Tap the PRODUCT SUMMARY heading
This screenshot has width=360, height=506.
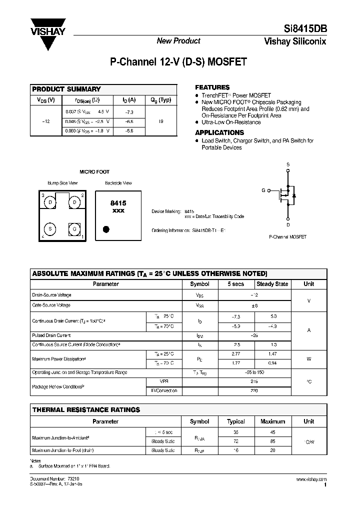(x=66, y=89)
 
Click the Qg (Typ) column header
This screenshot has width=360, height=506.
(x=160, y=99)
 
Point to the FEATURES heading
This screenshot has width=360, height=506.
(x=212, y=87)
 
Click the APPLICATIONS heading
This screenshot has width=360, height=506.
(x=219, y=132)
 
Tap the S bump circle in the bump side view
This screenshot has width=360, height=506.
(x=50, y=227)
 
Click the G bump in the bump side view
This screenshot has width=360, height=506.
(x=75, y=227)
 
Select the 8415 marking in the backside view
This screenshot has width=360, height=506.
(x=118, y=203)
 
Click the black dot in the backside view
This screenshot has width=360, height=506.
(x=105, y=229)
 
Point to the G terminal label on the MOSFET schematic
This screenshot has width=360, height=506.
(x=263, y=190)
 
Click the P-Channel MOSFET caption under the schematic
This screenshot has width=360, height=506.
(x=287, y=236)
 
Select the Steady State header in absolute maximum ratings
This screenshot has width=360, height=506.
(x=272, y=283)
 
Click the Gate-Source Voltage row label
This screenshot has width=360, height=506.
(x=51, y=305)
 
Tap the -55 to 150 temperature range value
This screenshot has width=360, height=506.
(x=254, y=372)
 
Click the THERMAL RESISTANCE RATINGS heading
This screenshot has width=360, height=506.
(x=86, y=410)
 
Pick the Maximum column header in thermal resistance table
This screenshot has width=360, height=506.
(x=272, y=421)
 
